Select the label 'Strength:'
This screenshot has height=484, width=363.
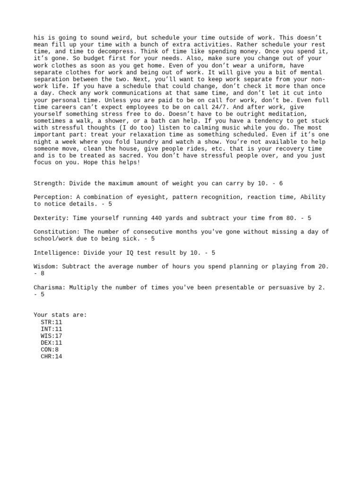50,183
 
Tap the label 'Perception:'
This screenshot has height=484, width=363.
53,197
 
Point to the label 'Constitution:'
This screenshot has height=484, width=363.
57,232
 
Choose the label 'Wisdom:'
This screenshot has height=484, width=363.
46,267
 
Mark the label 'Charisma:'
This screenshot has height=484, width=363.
50,287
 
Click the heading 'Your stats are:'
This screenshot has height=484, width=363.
60,315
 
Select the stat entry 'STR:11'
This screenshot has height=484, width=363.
52,322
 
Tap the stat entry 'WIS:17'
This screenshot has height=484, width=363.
52,336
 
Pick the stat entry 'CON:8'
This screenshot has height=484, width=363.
50,350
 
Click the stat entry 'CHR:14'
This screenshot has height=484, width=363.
52,357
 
